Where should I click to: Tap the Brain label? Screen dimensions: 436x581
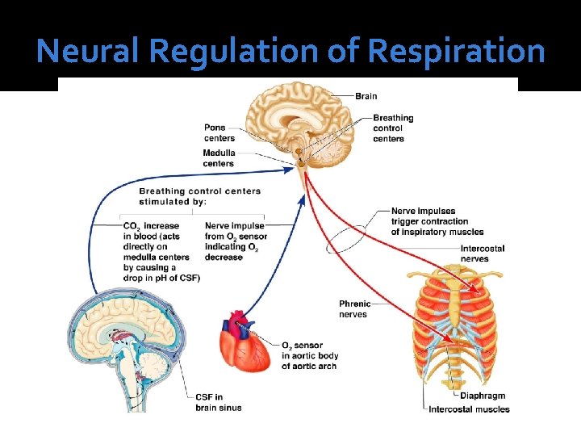366,96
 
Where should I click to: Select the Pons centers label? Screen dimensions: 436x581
219,132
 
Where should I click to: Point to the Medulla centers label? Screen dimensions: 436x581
219,157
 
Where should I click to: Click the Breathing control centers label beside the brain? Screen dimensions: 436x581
393,128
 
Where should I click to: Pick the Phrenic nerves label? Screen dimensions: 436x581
355,309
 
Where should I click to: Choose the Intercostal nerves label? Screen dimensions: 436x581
483,254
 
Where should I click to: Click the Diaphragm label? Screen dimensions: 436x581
483,396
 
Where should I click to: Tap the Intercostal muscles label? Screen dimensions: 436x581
470,409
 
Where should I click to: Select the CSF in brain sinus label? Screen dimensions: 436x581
218,402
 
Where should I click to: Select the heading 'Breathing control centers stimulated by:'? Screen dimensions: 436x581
200,196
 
